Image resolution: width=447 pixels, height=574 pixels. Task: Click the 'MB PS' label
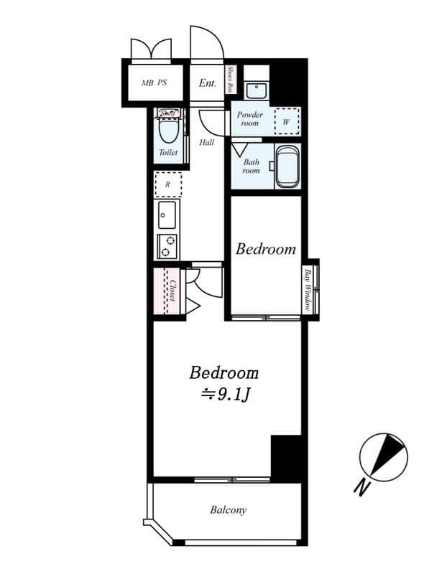pos(154,83)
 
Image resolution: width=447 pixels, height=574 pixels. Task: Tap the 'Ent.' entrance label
pos(207,83)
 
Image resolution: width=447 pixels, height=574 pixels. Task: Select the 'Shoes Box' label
pos(230,80)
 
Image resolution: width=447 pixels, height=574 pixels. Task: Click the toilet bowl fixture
pos(168,130)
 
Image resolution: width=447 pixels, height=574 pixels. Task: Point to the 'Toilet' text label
pos(168,153)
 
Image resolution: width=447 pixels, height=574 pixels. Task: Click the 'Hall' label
pos(207,142)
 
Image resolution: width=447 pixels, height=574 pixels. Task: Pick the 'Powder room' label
pos(250,118)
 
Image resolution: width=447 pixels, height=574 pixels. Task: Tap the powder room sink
pos(257,90)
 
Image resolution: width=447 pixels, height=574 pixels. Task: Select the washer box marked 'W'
pos(287,121)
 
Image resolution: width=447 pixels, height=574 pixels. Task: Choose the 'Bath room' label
pos(251,166)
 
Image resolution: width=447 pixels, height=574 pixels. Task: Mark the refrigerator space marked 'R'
pos(168,184)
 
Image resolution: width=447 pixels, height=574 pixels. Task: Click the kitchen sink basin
pos(167,214)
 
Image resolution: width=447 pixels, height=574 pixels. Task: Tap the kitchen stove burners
pos(168,246)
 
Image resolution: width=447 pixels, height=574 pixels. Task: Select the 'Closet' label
pos(172,291)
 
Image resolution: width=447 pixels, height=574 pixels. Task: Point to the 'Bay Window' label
pos(308,288)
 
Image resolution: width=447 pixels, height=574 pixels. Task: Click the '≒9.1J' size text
pos(224,393)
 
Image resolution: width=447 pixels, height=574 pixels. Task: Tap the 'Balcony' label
pos(228,510)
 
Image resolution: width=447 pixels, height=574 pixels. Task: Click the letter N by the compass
pos(362,487)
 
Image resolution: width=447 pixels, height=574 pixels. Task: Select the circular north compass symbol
pos(383,456)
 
